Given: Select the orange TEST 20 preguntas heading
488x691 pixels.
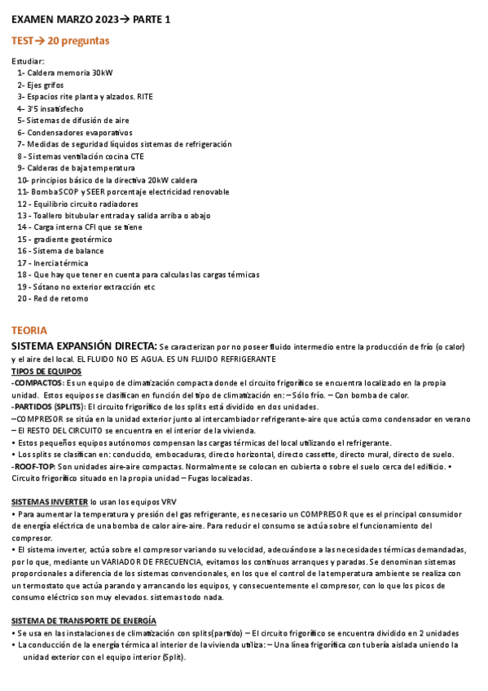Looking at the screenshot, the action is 61,41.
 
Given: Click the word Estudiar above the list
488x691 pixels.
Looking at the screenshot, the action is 29,61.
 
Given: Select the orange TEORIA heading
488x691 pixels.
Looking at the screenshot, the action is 29,330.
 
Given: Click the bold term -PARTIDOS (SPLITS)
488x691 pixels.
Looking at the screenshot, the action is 47,407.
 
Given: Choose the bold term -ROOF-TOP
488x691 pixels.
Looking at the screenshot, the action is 33,466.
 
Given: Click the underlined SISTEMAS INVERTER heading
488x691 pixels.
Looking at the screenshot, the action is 49,502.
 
